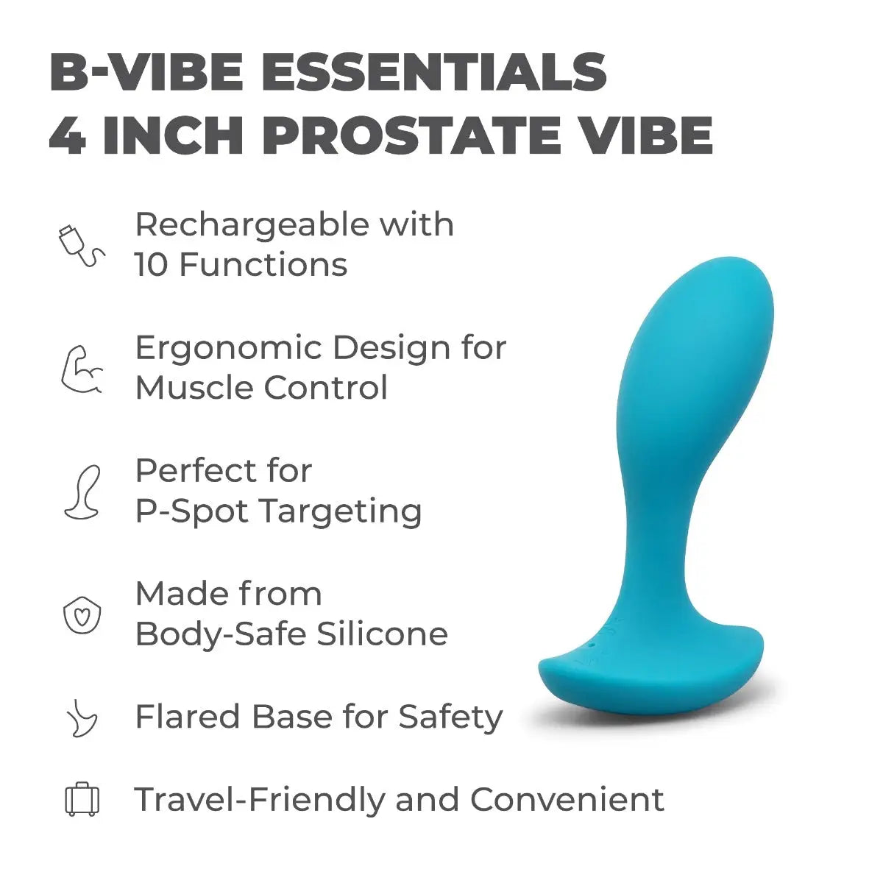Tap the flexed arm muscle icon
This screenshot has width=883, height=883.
pyautogui.click(x=82, y=369)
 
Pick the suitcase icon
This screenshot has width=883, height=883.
pyautogui.click(x=82, y=799)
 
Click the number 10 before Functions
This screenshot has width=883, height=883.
pyautogui.click(x=152, y=265)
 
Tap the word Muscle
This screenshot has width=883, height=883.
pyautogui.click(x=193, y=388)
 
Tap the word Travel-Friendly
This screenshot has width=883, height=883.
pyautogui.click(x=259, y=800)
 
